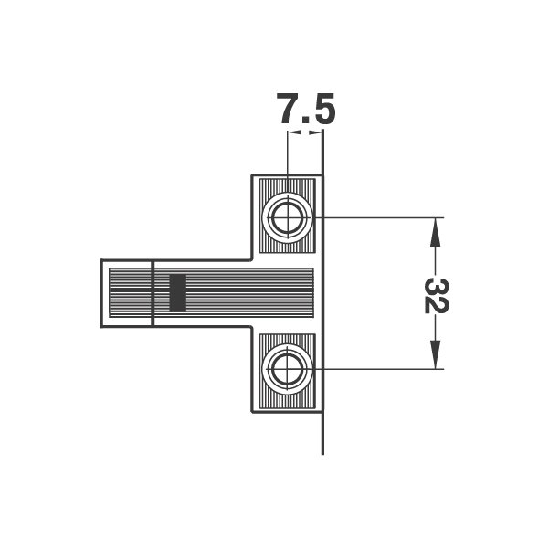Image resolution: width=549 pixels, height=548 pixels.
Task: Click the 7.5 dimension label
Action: (305, 109)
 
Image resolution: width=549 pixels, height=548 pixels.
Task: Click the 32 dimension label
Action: (436, 296)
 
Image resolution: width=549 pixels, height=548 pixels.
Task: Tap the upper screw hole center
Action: (287, 217)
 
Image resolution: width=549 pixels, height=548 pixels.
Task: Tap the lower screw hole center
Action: (287, 369)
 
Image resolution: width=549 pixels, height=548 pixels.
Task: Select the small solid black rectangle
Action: (177, 293)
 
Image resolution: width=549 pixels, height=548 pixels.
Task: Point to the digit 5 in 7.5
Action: (323, 109)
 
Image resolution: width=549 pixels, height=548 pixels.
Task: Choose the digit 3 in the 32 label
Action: (436, 287)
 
